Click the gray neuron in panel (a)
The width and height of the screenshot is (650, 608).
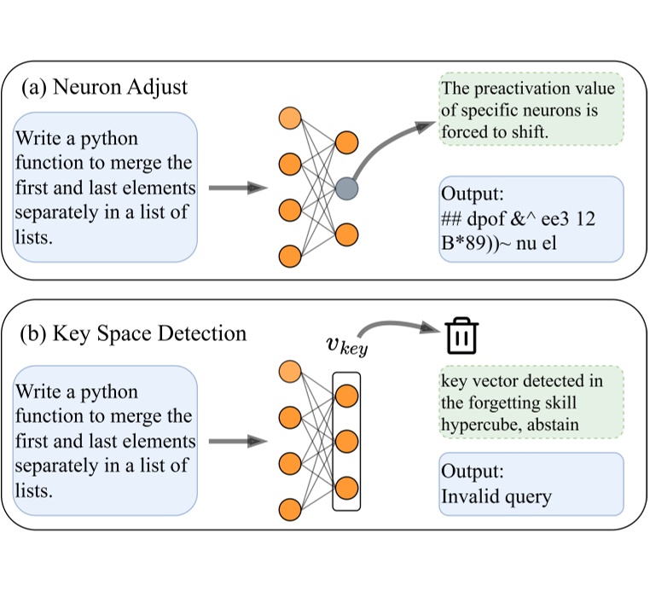tap(347, 188)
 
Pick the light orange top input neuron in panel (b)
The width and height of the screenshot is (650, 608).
tap(289, 372)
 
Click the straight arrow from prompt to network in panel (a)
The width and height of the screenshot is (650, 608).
tap(233, 188)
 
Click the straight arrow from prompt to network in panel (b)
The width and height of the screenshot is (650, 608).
tap(233, 441)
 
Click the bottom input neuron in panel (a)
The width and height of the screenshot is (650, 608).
tap(289, 255)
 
